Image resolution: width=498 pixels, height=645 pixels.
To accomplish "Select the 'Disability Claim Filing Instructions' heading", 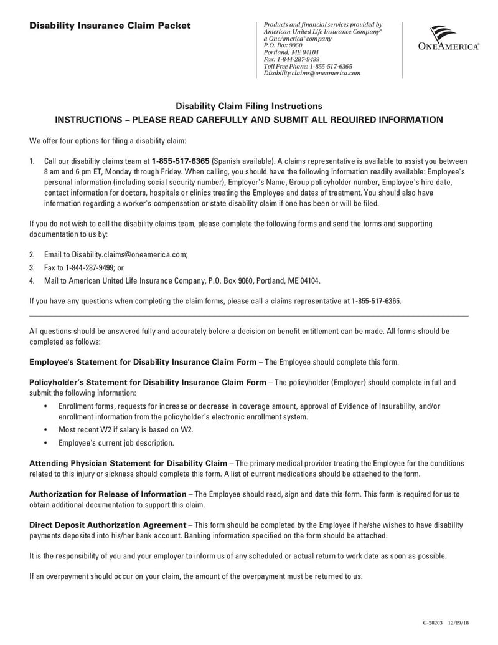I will coord(248,106).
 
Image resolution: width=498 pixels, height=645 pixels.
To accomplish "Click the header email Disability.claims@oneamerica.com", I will coord(312,73).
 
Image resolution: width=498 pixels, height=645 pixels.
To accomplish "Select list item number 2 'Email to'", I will coord(115,255).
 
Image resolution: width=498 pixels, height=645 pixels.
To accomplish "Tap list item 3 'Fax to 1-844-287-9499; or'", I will coord(84,267).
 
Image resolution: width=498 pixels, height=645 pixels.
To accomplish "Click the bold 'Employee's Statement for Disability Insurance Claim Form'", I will coord(143,361).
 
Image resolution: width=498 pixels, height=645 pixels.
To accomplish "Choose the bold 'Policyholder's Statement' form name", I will coord(148,381).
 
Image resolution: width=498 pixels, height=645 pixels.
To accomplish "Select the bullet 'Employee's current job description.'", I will coord(116,443).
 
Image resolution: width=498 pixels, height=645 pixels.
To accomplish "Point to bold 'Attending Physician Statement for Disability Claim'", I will coord(128,463).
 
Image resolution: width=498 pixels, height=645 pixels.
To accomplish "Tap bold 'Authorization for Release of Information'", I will coord(108,494).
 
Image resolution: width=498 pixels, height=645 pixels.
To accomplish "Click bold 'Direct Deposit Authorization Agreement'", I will coord(108,525).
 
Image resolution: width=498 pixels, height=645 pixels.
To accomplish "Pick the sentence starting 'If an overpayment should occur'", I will coord(195,576).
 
